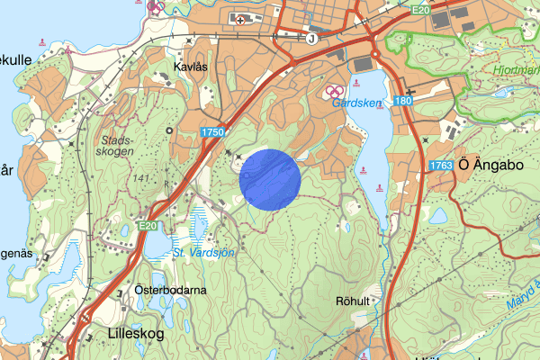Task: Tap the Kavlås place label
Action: [x=191, y=67]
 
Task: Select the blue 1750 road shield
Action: [x=212, y=132]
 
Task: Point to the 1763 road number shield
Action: [x=441, y=165]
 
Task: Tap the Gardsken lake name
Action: [x=356, y=103]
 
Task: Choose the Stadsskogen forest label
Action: [x=118, y=146]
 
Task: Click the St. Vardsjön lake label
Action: [x=205, y=253]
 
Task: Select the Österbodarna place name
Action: [x=170, y=290]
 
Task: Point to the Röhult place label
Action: [x=352, y=301]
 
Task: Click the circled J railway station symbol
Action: [x=311, y=39]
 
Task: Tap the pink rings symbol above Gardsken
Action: [x=333, y=92]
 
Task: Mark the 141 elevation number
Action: [x=139, y=180]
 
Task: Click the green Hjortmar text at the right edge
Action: [x=517, y=69]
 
